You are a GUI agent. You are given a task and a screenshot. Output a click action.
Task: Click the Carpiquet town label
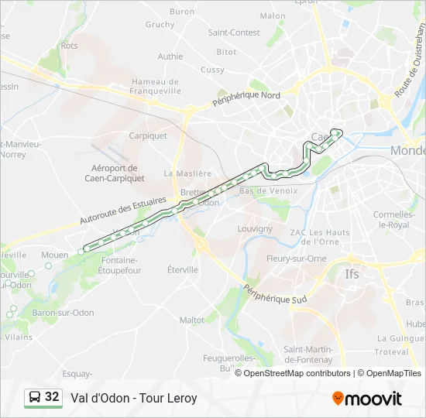pos(148,135)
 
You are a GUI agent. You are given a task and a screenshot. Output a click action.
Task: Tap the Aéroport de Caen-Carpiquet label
pos(114,173)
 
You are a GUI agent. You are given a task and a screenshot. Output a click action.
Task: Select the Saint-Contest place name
pos(234,33)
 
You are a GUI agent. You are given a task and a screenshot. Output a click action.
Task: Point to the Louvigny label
pos(256,229)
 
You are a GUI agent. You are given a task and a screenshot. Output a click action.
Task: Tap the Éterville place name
pos(183,269)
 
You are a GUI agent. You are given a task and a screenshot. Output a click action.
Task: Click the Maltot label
pos(192,320)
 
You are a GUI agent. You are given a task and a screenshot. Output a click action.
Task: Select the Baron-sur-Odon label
pos(63,313)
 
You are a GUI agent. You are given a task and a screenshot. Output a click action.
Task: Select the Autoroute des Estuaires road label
pos(123,211)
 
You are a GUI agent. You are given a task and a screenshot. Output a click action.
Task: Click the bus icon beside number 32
pos(35,398)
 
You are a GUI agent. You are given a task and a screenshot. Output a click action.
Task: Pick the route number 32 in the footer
pos(52,397)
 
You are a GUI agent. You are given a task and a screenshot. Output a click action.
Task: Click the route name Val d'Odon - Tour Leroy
pos(134,399)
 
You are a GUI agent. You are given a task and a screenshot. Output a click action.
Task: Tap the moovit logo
pos(367,399)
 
